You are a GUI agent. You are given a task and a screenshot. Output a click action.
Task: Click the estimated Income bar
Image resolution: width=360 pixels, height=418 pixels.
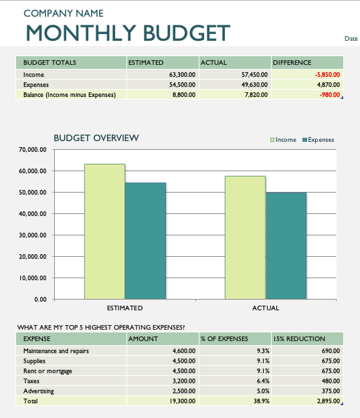pyautogui.click(x=105, y=231)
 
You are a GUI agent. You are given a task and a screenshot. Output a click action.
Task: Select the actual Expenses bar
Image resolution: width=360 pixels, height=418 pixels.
pyautogui.click(x=286, y=246)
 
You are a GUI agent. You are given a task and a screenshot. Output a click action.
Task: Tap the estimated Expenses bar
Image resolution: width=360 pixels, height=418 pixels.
pyautogui.click(x=146, y=241)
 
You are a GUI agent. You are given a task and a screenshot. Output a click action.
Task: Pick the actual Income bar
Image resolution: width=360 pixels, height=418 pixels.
pyautogui.click(x=246, y=237)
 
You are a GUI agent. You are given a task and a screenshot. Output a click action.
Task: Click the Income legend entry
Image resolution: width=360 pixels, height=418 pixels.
pyautogui.click(x=283, y=140)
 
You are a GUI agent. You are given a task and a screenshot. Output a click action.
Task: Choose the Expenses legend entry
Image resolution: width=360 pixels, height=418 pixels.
pyautogui.click(x=318, y=140)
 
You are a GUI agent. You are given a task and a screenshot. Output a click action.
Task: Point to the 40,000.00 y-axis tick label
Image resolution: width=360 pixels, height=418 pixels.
pyautogui.click(x=33, y=214)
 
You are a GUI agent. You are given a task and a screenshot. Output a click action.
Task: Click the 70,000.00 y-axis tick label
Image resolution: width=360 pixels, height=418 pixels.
pyautogui.click(x=33, y=150)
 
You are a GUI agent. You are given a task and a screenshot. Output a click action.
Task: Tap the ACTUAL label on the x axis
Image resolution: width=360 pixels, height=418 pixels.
pyautogui.click(x=266, y=308)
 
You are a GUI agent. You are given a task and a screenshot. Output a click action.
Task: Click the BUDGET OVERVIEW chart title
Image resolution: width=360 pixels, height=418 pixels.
pyautogui.click(x=96, y=138)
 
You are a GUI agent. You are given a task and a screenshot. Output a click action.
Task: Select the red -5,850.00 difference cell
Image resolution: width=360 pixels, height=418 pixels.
pyautogui.click(x=327, y=75)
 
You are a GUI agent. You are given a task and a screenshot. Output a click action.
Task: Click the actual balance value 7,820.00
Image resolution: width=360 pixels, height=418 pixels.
pyautogui.click(x=256, y=95)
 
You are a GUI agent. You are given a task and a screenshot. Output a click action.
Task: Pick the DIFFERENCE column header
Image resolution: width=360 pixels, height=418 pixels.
pyautogui.click(x=292, y=62)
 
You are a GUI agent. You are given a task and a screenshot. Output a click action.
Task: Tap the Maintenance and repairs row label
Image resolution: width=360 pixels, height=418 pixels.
pyautogui.click(x=56, y=351)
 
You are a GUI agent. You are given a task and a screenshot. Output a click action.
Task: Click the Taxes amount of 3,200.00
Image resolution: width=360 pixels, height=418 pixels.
pyautogui.click(x=184, y=381)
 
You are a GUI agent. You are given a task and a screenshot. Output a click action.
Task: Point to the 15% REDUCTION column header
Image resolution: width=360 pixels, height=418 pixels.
pyautogui.click(x=299, y=338)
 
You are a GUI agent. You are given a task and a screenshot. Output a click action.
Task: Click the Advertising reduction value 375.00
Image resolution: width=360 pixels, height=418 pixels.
pyautogui.click(x=331, y=391)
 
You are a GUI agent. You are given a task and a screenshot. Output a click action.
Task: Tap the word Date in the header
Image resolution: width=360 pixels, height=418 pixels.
pyautogui.click(x=351, y=39)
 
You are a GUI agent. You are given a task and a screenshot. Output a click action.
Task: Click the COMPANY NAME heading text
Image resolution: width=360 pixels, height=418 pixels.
pyautogui.click(x=64, y=13)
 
